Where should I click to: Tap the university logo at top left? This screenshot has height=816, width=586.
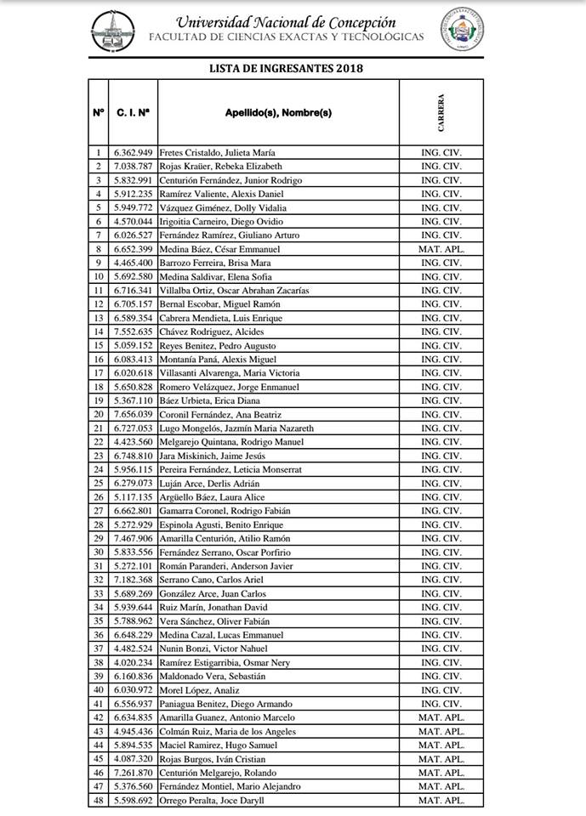click(x=113, y=31)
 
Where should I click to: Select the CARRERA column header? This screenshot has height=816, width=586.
click(x=441, y=112)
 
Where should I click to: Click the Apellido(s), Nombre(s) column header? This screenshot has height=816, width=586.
click(x=278, y=112)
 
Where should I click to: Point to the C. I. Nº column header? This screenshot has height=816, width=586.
click(x=133, y=112)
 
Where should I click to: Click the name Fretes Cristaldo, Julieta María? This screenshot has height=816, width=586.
click(x=217, y=152)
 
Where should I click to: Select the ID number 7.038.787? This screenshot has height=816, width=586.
click(x=133, y=167)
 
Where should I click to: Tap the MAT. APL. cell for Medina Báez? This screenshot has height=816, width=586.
click(x=441, y=249)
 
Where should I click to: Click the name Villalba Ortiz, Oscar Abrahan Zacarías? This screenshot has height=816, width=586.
click(x=236, y=291)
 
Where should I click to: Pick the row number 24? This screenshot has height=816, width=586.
click(x=98, y=470)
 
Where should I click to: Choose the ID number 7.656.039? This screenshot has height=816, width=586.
click(x=133, y=415)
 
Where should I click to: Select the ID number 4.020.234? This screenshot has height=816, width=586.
click(x=133, y=663)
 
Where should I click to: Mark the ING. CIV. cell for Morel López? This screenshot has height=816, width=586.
click(x=441, y=690)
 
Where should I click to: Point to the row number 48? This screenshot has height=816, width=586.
click(x=98, y=801)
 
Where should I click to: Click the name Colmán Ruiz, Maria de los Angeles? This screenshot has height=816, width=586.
click(x=228, y=732)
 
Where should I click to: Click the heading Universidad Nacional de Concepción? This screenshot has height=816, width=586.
click(x=286, y=22)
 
